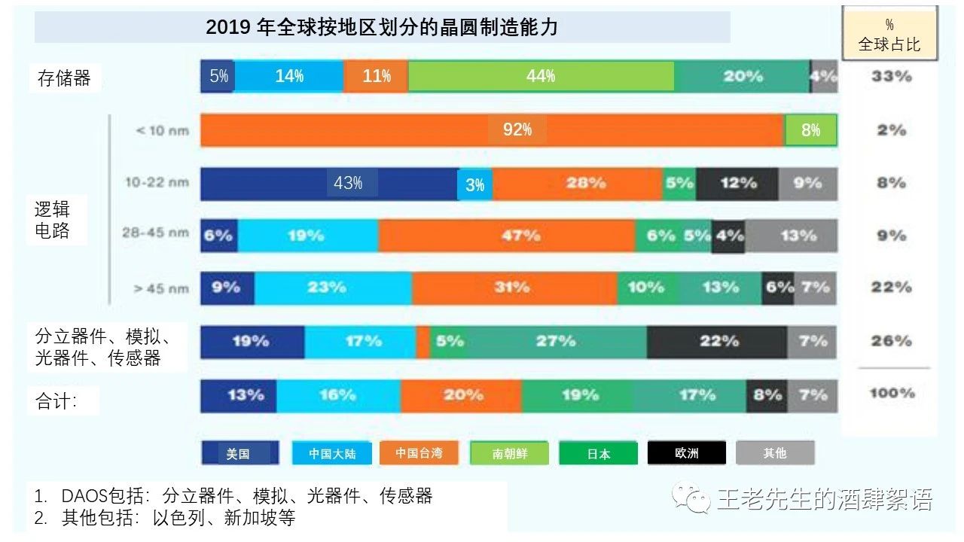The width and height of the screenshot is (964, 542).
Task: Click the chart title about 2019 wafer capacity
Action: tap(382, 28)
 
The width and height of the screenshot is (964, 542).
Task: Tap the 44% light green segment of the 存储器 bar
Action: tap(541, 76)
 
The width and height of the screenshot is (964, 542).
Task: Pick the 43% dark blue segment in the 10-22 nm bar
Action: tap(328, 183)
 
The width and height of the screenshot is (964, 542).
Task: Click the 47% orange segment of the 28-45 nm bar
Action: tap(507, 236)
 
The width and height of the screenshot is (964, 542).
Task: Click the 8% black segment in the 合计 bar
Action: tap(767, 395)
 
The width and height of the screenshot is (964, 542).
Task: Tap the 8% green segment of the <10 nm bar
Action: tap(810, 130)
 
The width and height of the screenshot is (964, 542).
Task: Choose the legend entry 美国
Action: tap(239, 453)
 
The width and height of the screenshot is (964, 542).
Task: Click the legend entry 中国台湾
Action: tap(419, 453)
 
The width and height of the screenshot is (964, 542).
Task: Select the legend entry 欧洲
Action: tap(686, 453)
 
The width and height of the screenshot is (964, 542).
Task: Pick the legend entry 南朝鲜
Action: tap(509, 453)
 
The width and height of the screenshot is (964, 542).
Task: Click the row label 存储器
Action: tap(64, 78)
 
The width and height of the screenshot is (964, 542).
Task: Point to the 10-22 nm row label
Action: tap(157, 182)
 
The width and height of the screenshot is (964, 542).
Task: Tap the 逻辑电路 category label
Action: tap(53, 220)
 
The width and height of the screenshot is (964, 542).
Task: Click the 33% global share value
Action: tap(891, 76)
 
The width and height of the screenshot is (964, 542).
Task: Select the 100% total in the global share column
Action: tap(892, 393)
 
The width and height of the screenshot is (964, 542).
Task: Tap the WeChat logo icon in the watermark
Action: tap(691, 498)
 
